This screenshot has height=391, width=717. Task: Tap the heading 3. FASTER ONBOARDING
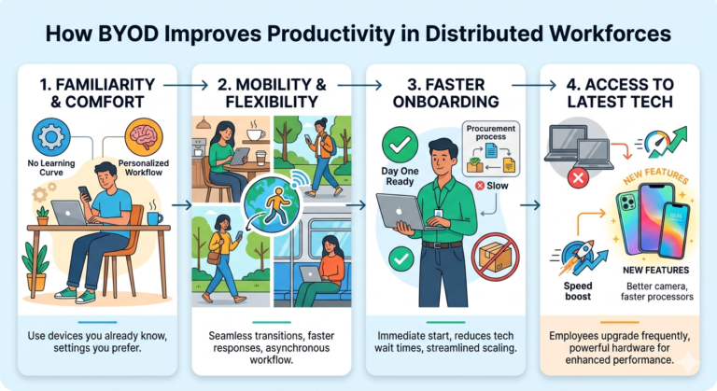pos(446,91)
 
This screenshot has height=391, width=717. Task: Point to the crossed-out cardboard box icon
pos(494,257)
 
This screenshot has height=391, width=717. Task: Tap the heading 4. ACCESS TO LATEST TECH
pos(619,91)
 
